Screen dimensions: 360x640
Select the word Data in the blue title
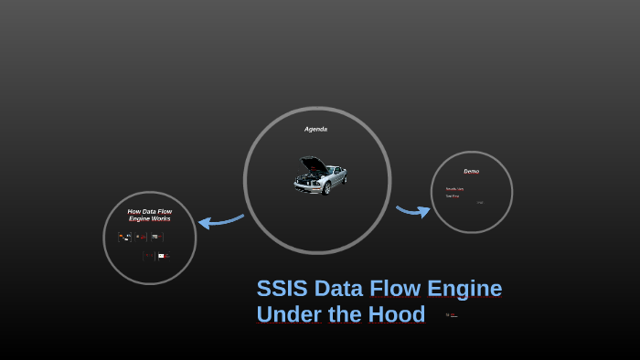point(339,289)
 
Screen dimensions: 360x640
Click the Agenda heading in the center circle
point(315,129)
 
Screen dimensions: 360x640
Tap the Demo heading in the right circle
point(471,171)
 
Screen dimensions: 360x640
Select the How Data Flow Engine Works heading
point(149,215)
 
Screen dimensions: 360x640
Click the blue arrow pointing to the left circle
point(219,220)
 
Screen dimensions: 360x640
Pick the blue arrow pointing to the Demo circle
point(413,211)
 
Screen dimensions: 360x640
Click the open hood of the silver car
point(313,164)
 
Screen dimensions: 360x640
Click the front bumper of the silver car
point(305,185)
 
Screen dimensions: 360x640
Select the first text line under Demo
point(454,189)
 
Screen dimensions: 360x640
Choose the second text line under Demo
point(453,196)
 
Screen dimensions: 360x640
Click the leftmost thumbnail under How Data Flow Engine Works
point(124,237)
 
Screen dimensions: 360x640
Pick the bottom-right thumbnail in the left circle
point(163,256)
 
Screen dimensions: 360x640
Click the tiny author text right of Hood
point(452,315)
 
